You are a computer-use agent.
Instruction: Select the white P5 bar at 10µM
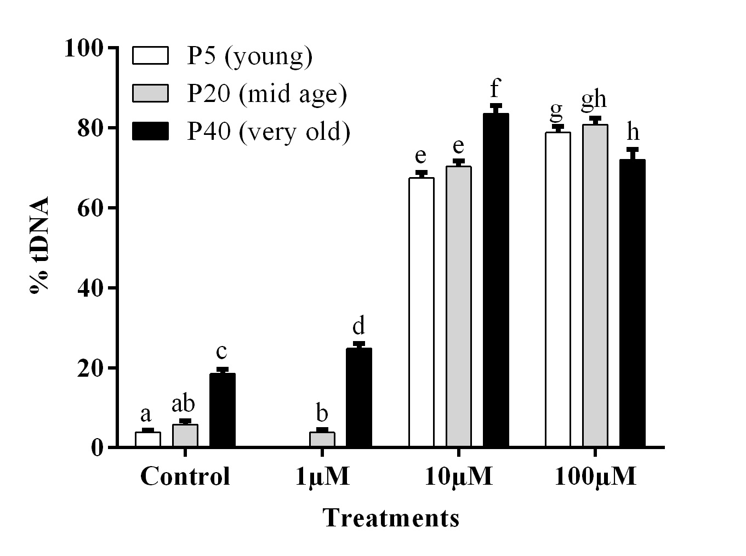422,313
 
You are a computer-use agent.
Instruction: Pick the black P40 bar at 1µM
359,398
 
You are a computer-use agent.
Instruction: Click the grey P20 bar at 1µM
322,439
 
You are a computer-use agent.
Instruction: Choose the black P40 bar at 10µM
496,280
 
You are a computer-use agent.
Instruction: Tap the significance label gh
594,100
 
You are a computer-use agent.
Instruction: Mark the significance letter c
222,351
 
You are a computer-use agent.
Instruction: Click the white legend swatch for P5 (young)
150,56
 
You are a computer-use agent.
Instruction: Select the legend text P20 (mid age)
267,94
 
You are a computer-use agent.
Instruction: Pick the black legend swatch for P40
150,132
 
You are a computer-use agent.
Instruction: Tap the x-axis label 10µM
459,477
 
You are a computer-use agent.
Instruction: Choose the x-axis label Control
185,477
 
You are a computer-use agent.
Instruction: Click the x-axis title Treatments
391,518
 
